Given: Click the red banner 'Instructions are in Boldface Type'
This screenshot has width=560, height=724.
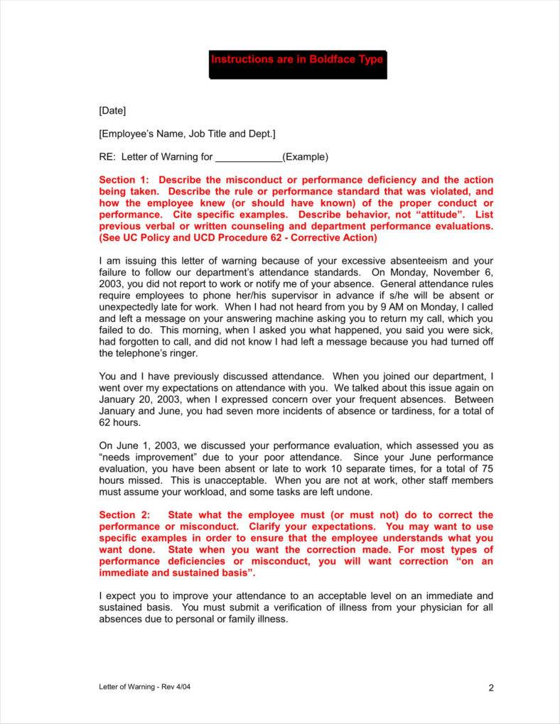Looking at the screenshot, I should tap(298, 59).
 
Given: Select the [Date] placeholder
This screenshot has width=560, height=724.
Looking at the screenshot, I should tap(112, 110).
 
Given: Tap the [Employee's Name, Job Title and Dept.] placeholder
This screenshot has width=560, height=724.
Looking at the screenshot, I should tap(187, 134).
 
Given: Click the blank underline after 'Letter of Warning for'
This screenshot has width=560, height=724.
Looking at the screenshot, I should tap(248, 157).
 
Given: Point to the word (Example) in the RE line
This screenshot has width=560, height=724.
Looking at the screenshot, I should tap(306, 157).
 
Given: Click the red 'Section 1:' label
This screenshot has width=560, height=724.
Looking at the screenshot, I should tap(124, 180).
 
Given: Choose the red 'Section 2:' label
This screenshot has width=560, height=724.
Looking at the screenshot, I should tap(124, 515).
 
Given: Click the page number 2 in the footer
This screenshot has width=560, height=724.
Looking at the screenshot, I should tap(491, 687).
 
